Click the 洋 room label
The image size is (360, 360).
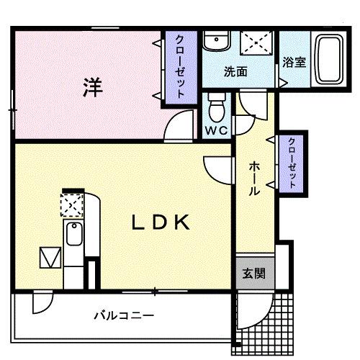91,88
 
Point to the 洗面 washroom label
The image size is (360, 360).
235,72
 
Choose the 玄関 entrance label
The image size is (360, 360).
252,274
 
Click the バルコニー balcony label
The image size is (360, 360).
124,315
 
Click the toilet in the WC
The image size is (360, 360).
216,108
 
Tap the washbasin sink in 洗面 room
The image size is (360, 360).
213,42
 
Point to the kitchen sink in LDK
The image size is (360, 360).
73,235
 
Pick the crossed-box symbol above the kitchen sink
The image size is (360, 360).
71,207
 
